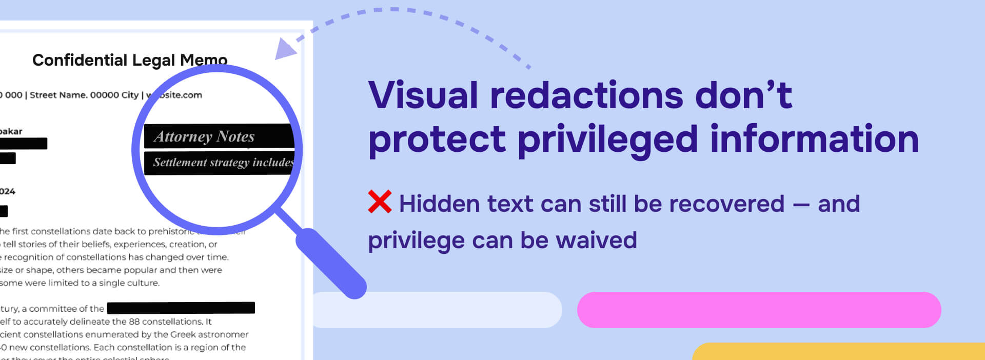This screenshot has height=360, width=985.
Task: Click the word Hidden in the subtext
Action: [x=440, y=204]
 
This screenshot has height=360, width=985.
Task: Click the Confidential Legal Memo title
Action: [x=130, y=60]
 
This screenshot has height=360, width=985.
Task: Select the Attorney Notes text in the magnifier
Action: [x=204, y=136]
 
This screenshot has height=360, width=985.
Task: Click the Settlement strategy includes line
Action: [x=223, y=163]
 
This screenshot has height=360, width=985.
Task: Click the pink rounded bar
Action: [x=759, y=310]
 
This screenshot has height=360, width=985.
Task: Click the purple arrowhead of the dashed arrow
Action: [x=285, y=49]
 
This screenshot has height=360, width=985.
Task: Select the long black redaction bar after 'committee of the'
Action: [x=181, y=308]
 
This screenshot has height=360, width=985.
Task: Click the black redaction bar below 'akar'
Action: [x=24, y=144]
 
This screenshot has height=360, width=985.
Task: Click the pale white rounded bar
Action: [x=436, y=310]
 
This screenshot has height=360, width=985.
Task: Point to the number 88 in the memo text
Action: [x=134, y=322]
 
